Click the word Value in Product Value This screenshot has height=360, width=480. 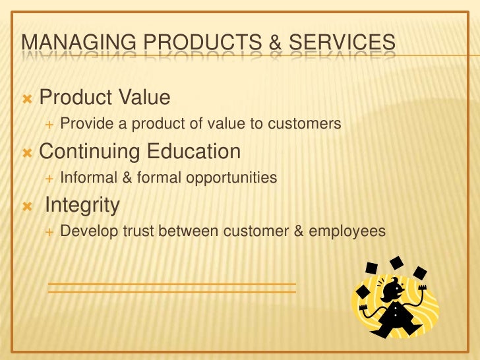144,98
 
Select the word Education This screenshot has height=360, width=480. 194,152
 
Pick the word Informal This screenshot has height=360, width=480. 86,177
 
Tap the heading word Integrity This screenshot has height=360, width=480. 82,206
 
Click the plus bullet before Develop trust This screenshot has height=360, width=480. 48,232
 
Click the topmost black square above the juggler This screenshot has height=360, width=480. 396,262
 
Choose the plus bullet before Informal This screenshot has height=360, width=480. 48,178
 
